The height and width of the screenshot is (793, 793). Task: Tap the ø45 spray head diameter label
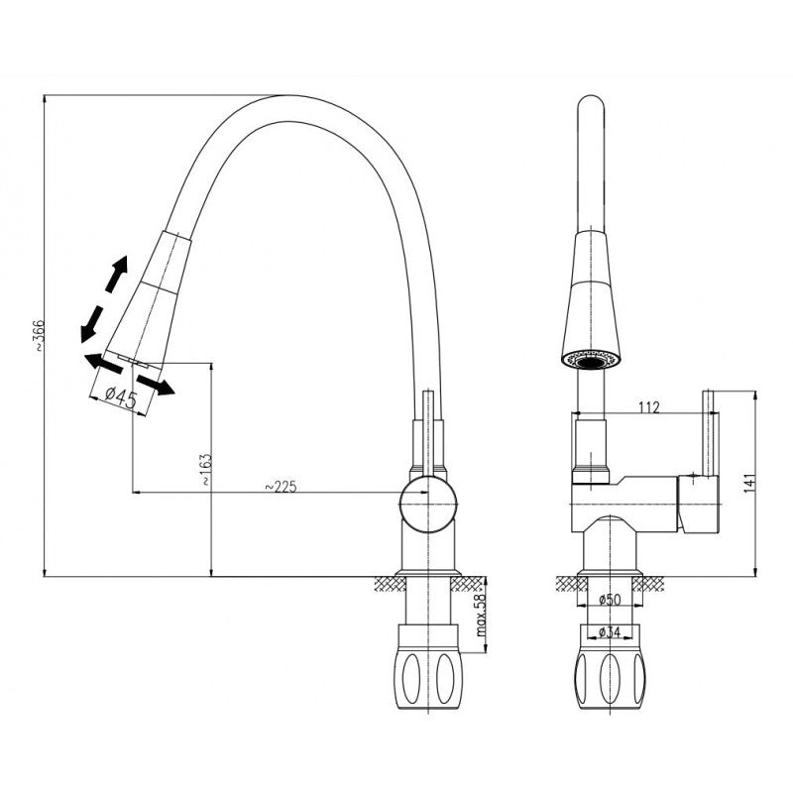[x=121, y=397]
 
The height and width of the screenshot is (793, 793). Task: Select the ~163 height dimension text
[x=206, y=469]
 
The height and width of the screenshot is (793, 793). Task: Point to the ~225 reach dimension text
[x=281, y=486]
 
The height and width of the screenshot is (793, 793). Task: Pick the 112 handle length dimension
[x=649, y=406]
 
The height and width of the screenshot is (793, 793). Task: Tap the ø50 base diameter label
[x=610, y=600]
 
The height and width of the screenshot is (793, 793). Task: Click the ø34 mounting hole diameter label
[x=610, y=631]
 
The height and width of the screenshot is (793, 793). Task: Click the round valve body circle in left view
[x=428, y=505]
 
